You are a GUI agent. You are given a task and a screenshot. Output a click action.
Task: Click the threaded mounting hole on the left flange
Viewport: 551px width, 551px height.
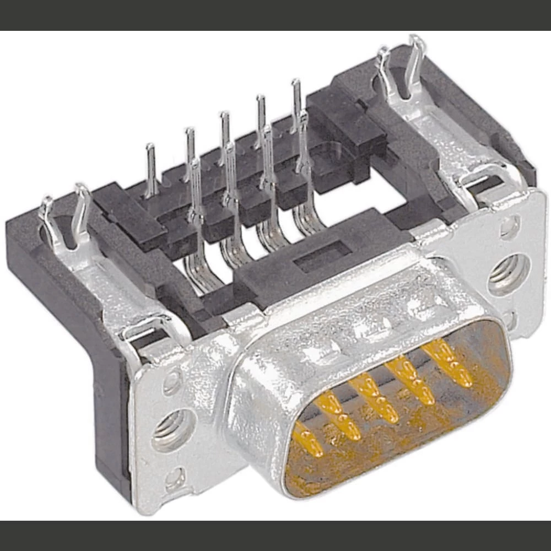click(x=172, y=429)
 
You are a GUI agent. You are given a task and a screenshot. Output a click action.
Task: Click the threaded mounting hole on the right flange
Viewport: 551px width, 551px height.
click(x=508, y=274)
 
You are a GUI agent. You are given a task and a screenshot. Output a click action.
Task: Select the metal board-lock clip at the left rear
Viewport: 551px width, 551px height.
click(x=65, y=218)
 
